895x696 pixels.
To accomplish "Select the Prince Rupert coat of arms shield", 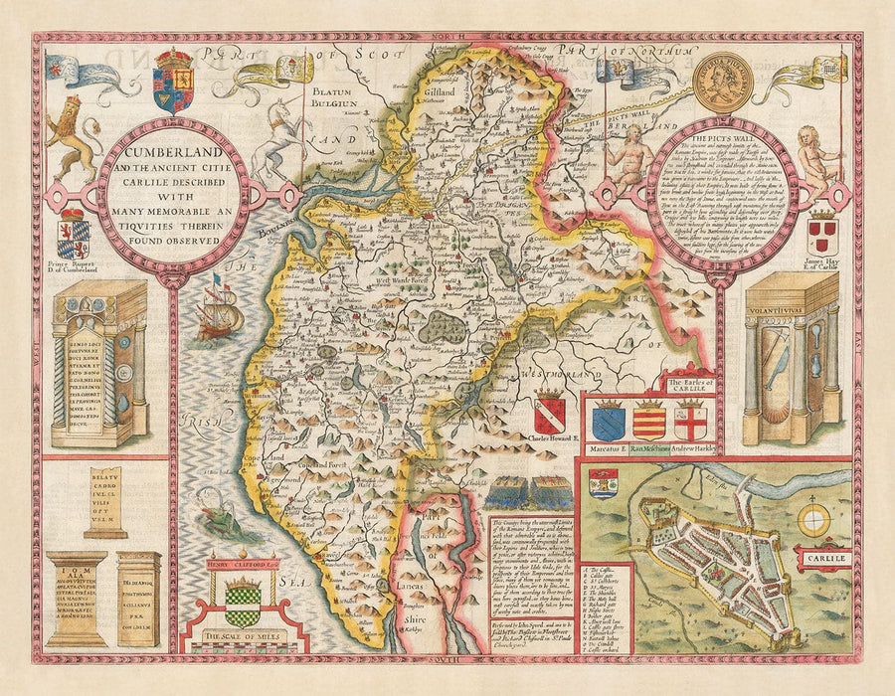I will coord(74,240).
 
